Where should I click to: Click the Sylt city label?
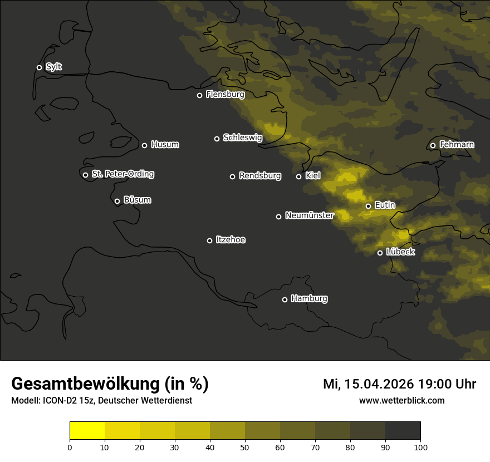53,67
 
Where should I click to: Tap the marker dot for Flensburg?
199,95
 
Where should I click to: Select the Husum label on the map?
165,145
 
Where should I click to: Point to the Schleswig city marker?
217,139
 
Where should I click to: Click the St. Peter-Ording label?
122,174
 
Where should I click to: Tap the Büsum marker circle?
117,201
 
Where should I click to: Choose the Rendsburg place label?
260,176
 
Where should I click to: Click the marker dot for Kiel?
298,176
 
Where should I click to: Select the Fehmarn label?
457,145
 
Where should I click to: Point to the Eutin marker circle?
368,206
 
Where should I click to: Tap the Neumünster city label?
309,215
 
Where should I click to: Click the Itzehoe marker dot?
209,240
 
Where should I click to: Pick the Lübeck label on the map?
400,252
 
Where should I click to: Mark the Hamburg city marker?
285,299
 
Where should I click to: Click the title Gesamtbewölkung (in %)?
110,384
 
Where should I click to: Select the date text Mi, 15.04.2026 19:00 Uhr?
399,384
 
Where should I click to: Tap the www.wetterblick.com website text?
401,400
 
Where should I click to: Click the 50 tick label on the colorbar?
245,447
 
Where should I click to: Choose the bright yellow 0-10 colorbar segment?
87,431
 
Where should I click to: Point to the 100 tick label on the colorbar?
420,447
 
